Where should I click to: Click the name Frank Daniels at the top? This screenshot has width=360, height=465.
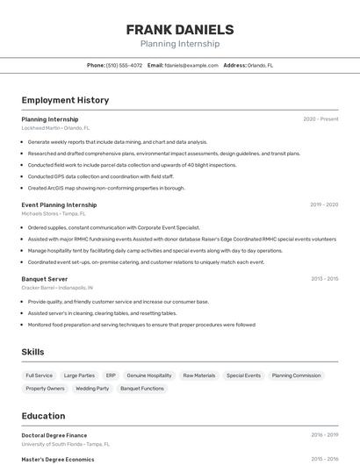[x=180, y=29]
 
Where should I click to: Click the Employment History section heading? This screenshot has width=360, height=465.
[x=65, y=100]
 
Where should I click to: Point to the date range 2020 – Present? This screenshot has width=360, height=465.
[x=320, y=118]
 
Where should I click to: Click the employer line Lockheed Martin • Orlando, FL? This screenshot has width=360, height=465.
[x=55, y=128]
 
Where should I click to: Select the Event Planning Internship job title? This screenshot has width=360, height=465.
[x=59, y=204]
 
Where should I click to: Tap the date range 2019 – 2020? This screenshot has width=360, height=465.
[x=323, y=204]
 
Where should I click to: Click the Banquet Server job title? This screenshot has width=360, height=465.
[x=45, y=279]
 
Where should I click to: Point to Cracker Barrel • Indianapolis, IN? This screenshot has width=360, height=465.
[x=57, y=288]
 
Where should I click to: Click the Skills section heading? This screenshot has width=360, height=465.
[x=33, y=352]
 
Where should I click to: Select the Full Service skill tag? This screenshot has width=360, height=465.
[x=39, y=376]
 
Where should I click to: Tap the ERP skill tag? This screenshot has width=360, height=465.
[x=111, y=376]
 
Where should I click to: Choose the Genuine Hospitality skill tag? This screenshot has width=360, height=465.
[x=149, y=376]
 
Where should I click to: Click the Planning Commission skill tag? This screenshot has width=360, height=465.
[x=296, y=376]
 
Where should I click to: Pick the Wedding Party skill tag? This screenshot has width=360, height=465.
[x=92, y=388]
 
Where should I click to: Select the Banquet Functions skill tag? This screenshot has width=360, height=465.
[x=142, y=388]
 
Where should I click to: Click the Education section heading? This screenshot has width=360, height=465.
[x=43, y=416]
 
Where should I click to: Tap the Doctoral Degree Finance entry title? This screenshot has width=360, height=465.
[x=54, y=435]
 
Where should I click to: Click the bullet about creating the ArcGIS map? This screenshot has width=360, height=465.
[x=106, y=188]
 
